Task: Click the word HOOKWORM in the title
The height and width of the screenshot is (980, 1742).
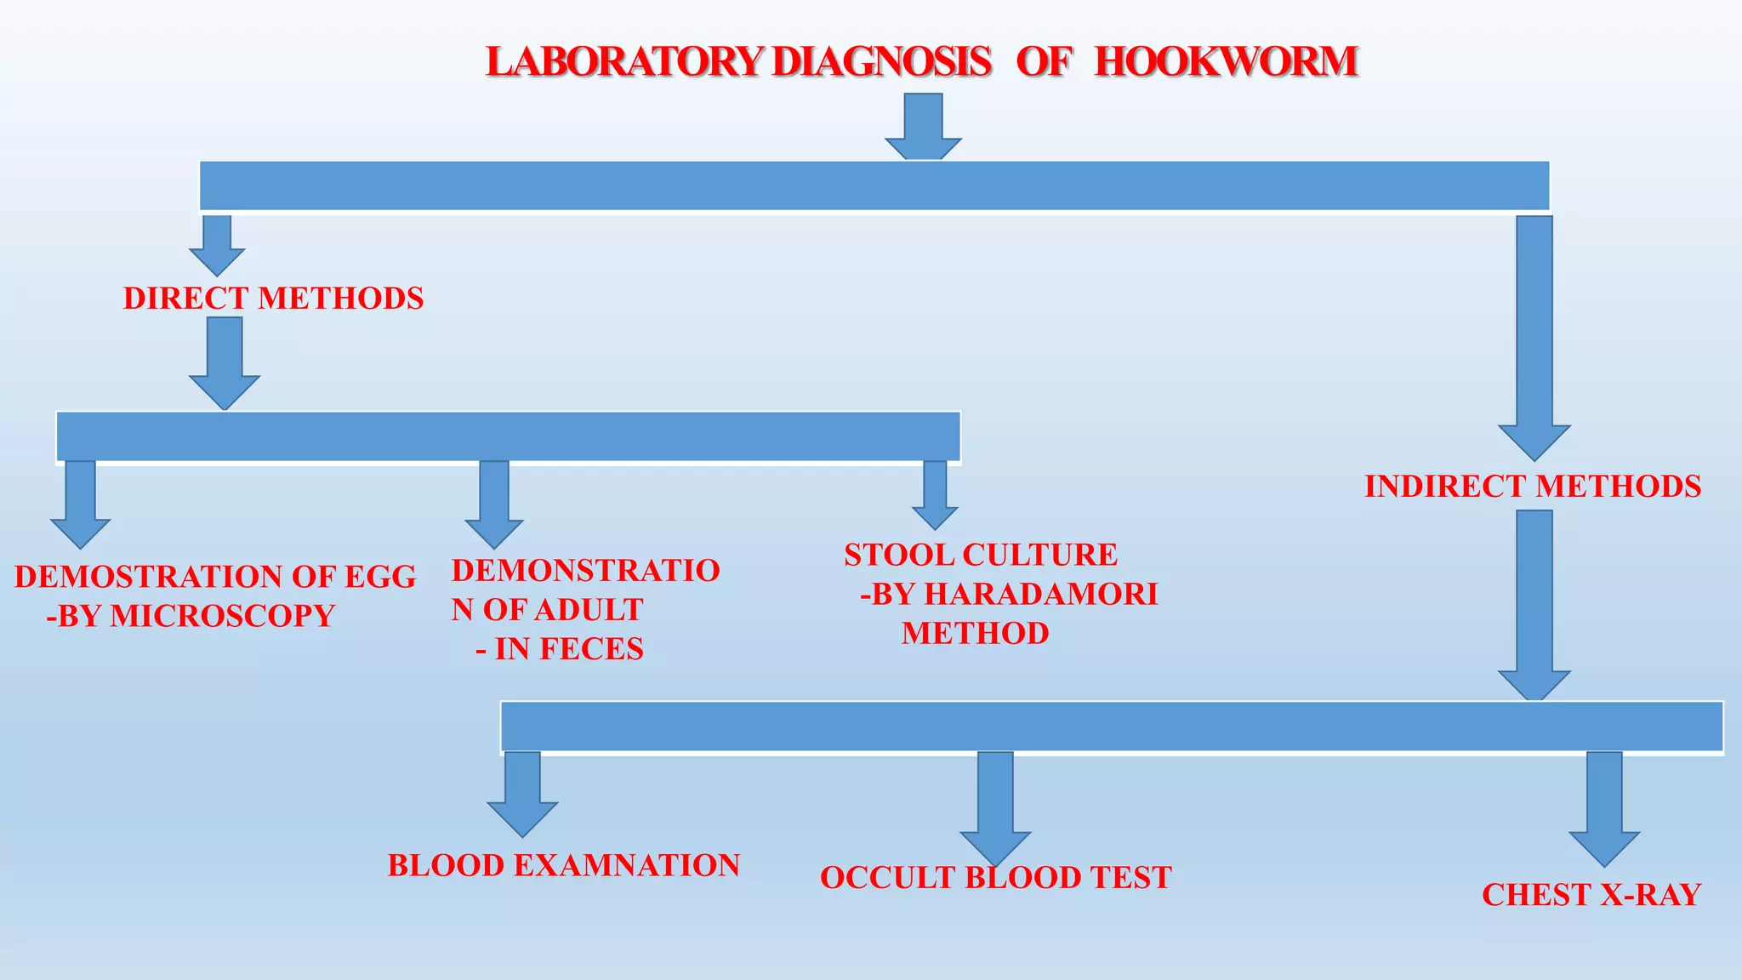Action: [x=1226, y=62]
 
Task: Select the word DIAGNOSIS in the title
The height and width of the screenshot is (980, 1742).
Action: [x=881, y=62]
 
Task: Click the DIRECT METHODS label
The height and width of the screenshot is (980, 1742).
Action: [x=273, y=299]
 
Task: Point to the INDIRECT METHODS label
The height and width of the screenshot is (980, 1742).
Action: [x=1533, y=487]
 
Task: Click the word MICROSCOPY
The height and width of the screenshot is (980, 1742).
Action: [x=222, y=616]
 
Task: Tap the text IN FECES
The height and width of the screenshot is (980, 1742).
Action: [x=569, y=649]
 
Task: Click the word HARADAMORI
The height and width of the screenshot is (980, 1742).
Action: [x=1040, y=594]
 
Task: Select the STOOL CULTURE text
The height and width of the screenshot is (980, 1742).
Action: [x=981, y=555]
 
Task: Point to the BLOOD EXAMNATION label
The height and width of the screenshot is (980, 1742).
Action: [x=564, y=865]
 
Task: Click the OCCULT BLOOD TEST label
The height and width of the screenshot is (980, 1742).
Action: [x=996, y=877]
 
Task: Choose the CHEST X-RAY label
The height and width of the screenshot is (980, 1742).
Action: [x=1591, y=894]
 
